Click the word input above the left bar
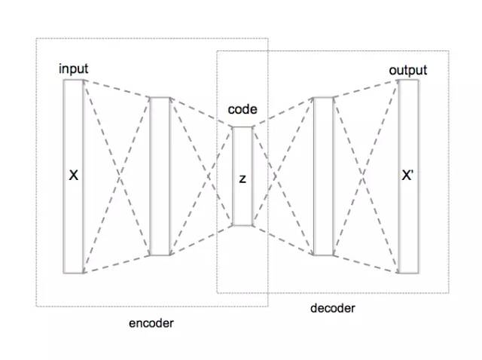click(74, 69)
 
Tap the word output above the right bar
click(407, 71)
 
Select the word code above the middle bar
click(242, 110)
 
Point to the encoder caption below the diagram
click(151, 323)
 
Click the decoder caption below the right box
click(332, 308)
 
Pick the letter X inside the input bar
click(73, 175)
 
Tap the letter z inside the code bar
click(242, 178)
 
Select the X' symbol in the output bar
click(407, 176)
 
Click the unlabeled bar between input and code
click(160, 175)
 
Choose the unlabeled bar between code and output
click(322, 175)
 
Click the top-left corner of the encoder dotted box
click(36, 38)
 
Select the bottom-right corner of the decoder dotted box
click(449, 293)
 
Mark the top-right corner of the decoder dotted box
click(449, 51)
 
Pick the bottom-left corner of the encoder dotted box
click(36, 306)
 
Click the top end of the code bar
click(242, 128)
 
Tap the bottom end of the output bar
click(407, 272)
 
